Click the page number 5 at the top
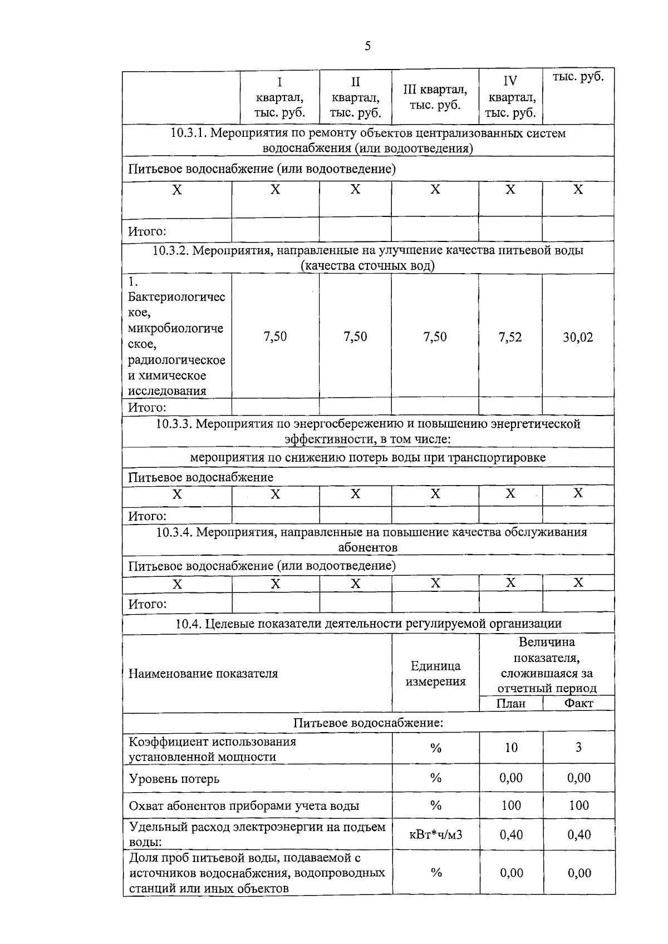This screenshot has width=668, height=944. tap(367, 46)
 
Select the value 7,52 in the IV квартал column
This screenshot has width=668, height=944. tap(510, 337)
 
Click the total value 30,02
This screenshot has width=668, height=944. tap(578, 337)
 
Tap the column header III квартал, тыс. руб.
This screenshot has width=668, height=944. tap(435, 97)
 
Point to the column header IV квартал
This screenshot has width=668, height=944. tap(510, 97)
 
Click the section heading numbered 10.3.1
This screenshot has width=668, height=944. tap(368, 140)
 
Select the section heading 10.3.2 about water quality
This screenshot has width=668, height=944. tap(368, 258)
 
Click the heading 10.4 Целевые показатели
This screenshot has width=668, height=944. tap(368, 624)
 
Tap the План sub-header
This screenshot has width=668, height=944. tap(510, 704)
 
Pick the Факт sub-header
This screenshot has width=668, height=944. tap(578, 704)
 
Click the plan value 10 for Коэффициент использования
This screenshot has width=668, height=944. tap(511, 748)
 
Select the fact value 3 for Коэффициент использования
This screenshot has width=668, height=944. tap(578, 748)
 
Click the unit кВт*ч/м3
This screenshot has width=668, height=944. tap(435, 835)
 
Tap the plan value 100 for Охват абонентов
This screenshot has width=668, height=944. tap(511, 805)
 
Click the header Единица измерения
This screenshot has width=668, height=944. tap(435, 674)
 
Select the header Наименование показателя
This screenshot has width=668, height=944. tap(203, 674)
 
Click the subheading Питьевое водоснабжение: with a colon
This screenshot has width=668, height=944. tap(368, 723)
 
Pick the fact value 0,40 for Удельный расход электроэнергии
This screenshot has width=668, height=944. tap(579, 835)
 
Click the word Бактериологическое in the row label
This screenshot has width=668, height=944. tap(176, 304)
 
